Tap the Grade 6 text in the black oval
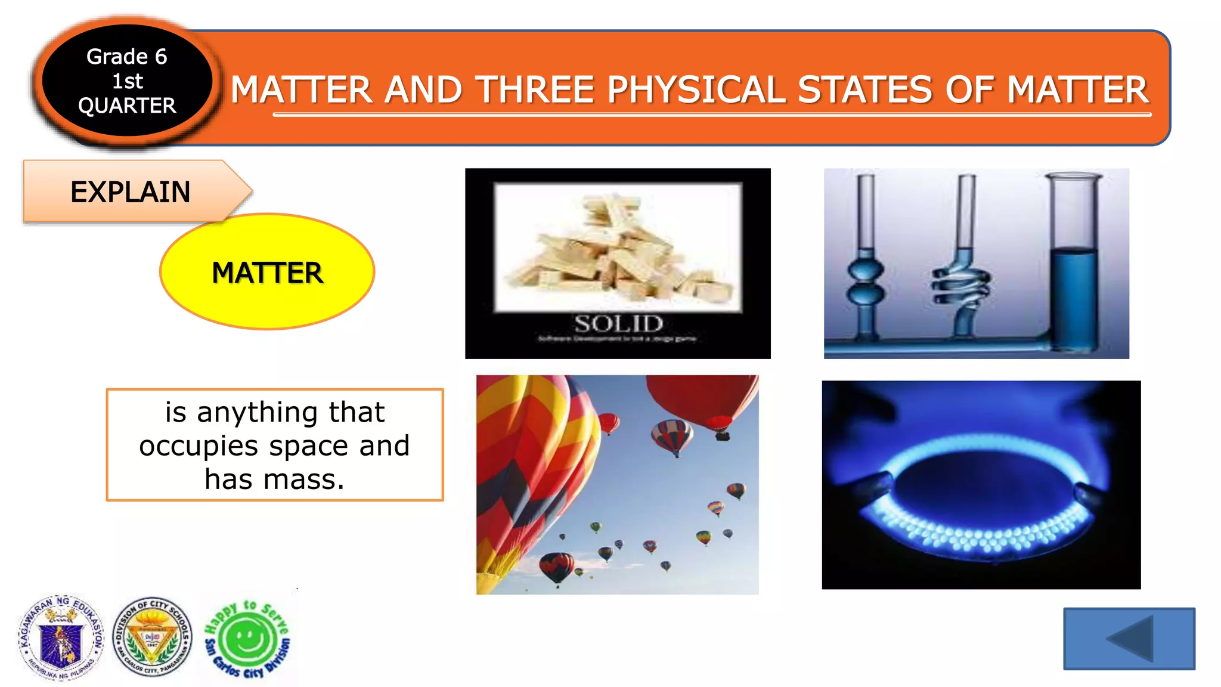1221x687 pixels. [x=126, y=57]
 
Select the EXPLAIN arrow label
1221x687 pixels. [x=131, y=192]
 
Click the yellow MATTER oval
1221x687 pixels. [x=267, y=273]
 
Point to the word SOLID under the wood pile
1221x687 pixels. [x=618, y=324]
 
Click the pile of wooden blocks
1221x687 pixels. [x=618, y=250]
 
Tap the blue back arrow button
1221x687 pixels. [x=1129, y=639]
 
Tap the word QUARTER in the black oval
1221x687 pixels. [x=127, y=106]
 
